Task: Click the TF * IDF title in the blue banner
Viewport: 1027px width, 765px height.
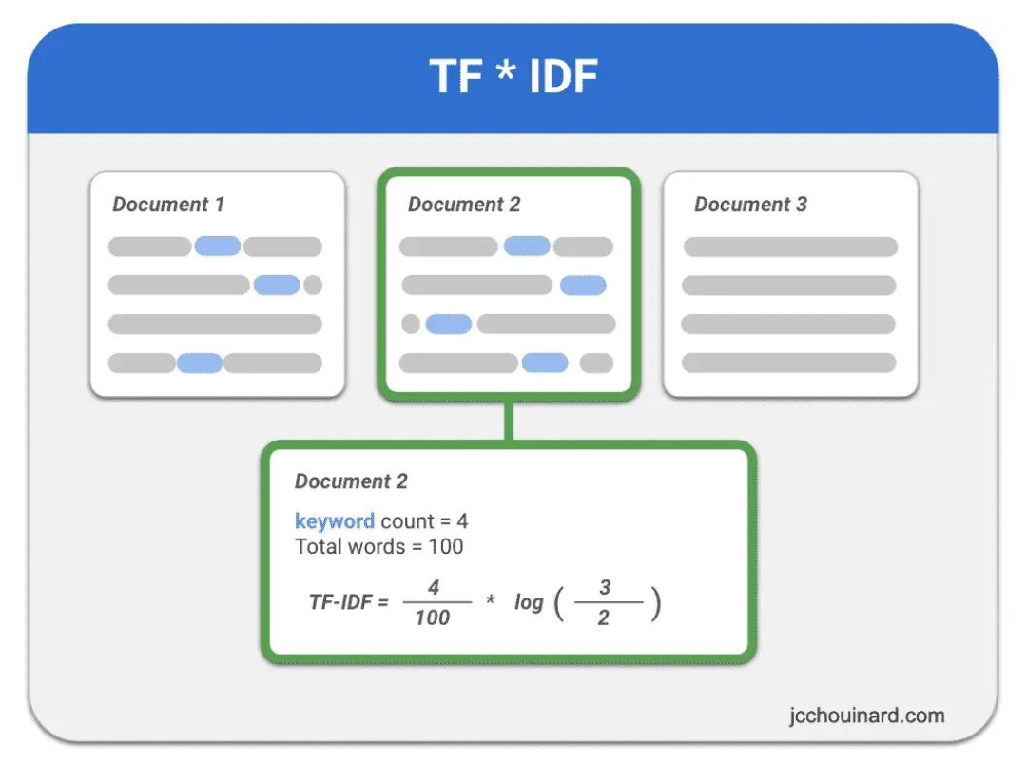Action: [x=513, y=77]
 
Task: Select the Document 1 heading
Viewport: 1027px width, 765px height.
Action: [x=168, y=205]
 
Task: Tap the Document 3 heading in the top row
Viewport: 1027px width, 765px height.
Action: [x=750, y=205]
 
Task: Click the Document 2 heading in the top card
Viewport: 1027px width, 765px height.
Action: [x=464, y=205]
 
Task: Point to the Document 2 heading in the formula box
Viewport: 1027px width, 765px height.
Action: [x=351, y=481]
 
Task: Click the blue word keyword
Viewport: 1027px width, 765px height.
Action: [x=335, y=521]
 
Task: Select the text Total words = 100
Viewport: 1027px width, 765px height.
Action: [x=379, y=546]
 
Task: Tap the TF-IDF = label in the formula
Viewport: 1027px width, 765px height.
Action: [x=349, y=601]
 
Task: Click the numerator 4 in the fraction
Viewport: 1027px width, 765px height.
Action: [x=433, y=588]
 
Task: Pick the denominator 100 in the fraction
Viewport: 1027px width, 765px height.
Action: [x=433, y=618]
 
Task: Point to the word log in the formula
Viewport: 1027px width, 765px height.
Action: [x=529, y=602]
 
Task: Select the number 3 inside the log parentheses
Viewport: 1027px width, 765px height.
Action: [x=605, y=588]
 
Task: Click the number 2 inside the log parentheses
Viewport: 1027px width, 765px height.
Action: [x=604, y=618]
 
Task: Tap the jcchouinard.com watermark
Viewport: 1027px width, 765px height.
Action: [x=866, y=715]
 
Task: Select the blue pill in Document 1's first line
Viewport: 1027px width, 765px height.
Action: [x=218, y=246]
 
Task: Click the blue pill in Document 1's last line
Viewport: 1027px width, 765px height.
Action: [x=200, y=363]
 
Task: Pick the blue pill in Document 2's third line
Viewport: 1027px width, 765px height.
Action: [x=448, y=324]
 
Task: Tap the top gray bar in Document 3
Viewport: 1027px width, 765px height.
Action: [x=790, y=246]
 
